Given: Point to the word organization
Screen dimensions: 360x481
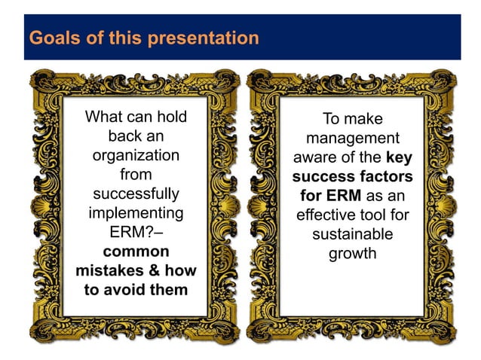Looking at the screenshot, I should click(x=136, y=156).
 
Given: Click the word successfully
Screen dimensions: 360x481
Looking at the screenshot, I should click(x=136, y=194).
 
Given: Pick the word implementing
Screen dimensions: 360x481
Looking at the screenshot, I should click(x=136, y=213).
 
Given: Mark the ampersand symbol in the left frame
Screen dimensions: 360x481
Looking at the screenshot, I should click(x=160, y=270).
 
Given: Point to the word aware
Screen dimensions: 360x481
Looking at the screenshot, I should click(x=317, y=158).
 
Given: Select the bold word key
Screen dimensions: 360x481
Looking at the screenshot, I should click(x=399, y=158).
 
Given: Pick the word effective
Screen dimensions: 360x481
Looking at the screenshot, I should click(x=329, y=215).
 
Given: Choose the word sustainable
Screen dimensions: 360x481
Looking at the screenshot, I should click(x=352, y=235).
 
